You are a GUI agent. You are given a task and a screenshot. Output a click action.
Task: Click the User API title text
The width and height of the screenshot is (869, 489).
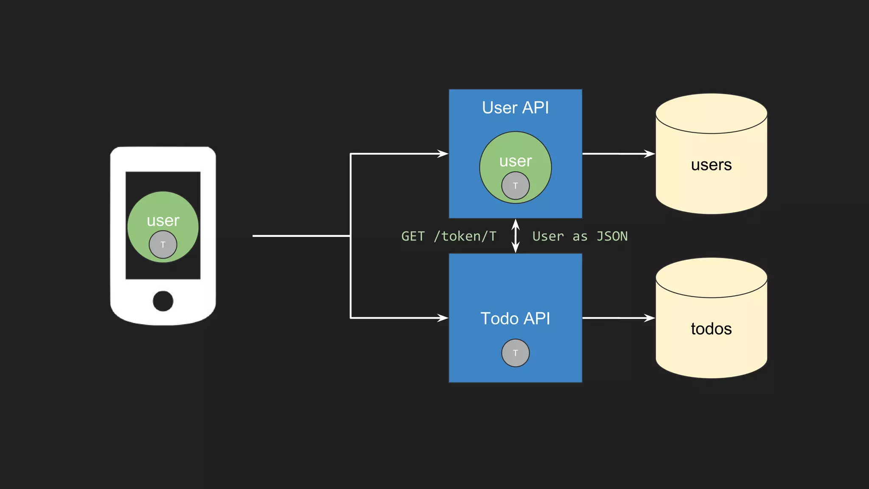[x=515, y=108]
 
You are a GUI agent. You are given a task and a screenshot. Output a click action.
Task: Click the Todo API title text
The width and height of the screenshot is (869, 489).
[x=515, y=318]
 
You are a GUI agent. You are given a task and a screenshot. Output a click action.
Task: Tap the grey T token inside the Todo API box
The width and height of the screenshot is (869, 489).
[x=515, y=353]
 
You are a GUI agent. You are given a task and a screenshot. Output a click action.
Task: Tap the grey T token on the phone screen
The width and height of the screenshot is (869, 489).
[x=163, y=244]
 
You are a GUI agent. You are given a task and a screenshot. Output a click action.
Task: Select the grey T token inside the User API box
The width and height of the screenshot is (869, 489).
[x=515, y=185]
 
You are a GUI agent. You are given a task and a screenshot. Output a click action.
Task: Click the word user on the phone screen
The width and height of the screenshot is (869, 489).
[x=163, y=221]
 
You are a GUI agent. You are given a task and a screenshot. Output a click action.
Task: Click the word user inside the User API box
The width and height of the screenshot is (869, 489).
[x=515, y=161]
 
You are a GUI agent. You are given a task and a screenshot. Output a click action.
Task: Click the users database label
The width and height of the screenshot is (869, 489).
[x=711, y=165]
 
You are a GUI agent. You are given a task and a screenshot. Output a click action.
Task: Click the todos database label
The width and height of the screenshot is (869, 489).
[x=711, y=329]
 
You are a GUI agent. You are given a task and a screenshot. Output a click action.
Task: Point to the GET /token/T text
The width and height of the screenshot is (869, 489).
[x=449, y=236]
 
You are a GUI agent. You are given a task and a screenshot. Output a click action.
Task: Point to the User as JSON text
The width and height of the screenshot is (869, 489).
[x=580, y=236]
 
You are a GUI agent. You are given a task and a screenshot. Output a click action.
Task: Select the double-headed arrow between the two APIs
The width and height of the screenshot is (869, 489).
[x=516, y=236]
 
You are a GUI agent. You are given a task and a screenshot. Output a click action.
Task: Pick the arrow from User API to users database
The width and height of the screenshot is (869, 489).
[x=618, y=154]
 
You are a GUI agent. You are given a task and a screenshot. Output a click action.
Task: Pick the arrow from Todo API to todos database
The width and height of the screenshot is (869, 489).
[x=618, y=318]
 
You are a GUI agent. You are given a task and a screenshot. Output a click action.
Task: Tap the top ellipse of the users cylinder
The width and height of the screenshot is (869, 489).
[x=711, y=114]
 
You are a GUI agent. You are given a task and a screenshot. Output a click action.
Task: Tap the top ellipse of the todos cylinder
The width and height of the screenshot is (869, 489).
[x=711, y=278]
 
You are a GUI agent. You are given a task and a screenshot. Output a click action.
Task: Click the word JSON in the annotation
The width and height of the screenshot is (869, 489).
[x=612, y=236]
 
